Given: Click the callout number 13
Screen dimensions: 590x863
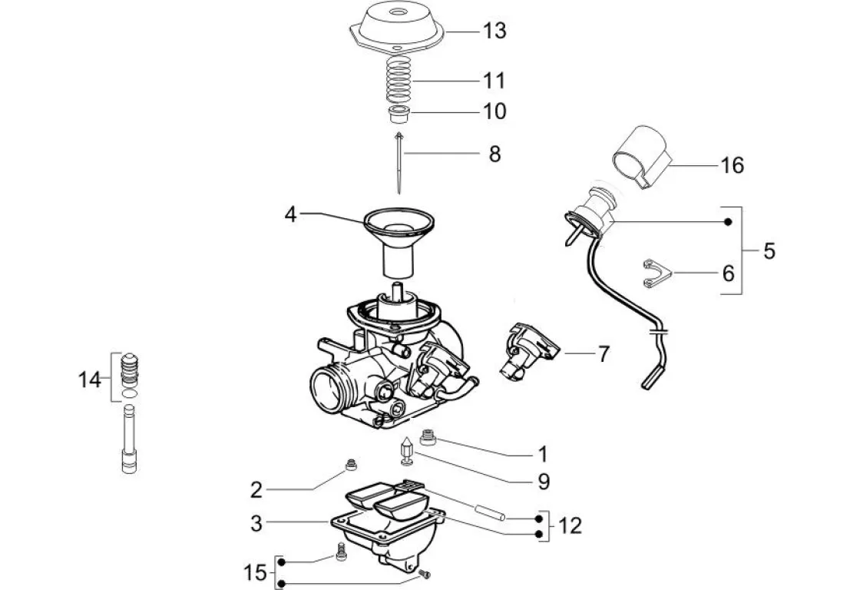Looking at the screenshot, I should pos(494,31).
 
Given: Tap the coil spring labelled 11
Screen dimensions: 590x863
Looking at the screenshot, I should pos(397,80).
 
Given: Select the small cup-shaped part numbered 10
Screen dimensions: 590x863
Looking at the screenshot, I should pos(398,115).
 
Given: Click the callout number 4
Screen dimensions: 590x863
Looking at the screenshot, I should pos(289,214).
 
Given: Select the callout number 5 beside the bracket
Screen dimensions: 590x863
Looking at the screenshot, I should pos(769,251).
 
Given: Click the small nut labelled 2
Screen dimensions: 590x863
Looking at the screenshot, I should pos(352,464).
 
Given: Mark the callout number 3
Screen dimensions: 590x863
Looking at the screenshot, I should pos(256,524).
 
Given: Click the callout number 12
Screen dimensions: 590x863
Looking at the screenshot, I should pos(570,526).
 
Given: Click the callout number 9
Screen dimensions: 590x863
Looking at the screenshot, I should pos(543,481).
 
